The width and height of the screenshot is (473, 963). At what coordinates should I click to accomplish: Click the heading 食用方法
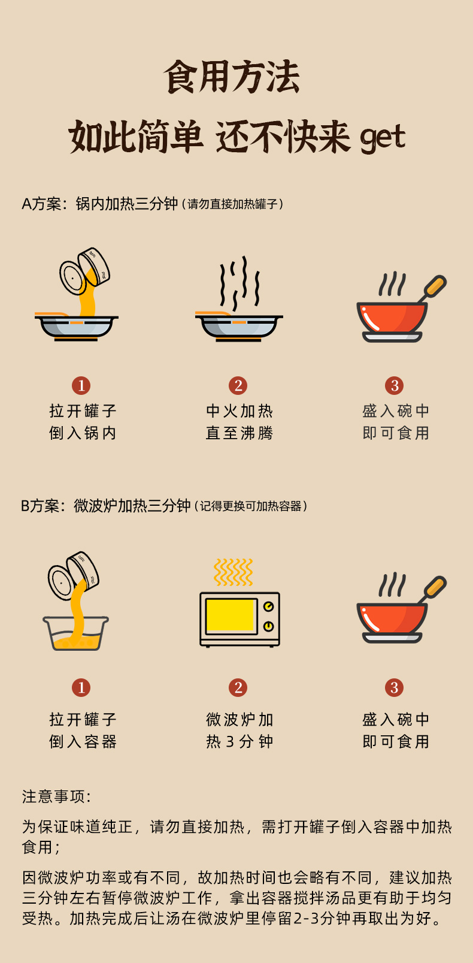(232, 77)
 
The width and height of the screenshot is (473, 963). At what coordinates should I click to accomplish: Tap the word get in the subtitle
(383, 138)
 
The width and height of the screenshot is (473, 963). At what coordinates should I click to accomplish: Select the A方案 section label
(41, 204)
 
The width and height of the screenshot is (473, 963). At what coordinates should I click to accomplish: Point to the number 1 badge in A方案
(81, 385)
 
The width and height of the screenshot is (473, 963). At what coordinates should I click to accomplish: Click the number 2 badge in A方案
(238, 385)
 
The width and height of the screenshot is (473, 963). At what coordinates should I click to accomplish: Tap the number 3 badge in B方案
(395, 687)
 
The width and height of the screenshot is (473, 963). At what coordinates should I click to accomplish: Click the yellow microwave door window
(231, 615)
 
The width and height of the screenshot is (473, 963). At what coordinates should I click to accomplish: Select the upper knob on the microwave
(268, 606)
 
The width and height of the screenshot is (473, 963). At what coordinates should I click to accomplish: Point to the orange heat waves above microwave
(234, 572)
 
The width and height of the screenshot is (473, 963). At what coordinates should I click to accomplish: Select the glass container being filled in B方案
(76, 633)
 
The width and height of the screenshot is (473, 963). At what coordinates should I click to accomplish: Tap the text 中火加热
(239, 411)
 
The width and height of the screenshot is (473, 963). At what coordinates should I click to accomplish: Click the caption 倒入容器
(83, 742)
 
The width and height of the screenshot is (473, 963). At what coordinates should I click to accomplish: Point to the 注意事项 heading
(56, 796)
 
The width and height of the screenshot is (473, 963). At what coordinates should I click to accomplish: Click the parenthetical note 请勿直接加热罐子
(232, 204)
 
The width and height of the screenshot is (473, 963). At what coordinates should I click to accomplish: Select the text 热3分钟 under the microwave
(239, 742)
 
